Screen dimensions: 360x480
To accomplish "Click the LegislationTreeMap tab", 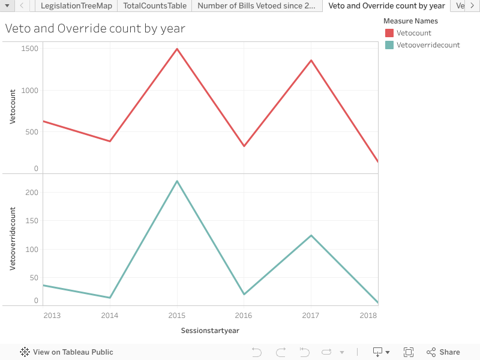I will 76,6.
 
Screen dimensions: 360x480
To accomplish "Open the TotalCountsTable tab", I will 155,6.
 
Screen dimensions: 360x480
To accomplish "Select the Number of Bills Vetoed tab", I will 256,6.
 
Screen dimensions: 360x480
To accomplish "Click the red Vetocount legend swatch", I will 389,33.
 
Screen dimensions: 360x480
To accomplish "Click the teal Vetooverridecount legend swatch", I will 389,45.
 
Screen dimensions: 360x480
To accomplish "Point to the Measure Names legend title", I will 410,21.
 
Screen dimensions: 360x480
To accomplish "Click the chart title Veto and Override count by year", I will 95,28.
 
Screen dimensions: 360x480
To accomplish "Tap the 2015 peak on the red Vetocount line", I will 177,49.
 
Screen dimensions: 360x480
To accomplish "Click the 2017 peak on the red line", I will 311,60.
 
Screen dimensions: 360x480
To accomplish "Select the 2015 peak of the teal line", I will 177,181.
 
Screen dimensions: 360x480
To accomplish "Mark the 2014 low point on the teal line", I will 110,298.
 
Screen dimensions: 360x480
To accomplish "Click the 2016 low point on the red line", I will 244,146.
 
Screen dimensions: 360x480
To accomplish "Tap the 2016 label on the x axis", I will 244,315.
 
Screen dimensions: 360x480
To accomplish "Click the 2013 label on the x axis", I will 52,315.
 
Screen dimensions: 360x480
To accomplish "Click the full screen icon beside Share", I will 409,352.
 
